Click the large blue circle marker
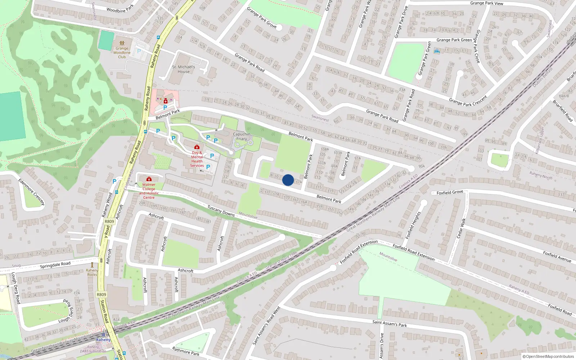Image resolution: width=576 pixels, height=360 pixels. point(288,180)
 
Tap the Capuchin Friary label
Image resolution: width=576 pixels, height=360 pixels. point(242,136)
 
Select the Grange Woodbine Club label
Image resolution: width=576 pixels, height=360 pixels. point(122,53)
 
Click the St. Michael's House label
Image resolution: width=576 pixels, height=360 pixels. point(184,69)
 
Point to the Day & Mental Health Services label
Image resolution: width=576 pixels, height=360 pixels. point(197,159)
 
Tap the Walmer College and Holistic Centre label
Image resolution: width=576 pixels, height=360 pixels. point(149,191)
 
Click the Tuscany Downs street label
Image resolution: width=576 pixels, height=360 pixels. point(221,211)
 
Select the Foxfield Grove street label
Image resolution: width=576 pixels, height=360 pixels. point(450,193)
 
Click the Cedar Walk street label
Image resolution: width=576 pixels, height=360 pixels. point(461,228)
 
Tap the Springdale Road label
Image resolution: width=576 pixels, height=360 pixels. point(55,265)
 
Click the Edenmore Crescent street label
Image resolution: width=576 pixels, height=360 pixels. point(31,192)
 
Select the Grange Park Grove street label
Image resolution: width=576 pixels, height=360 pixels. point(262,18)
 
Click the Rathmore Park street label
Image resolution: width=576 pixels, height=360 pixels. point(185,351)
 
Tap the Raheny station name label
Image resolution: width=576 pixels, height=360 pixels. point(103,339)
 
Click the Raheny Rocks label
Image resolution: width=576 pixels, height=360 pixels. point(92,273)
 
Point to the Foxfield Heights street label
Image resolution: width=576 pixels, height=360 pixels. point(413,225)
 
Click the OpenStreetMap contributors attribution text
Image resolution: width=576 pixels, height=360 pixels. point(548,356)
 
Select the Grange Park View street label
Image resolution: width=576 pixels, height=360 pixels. point(486,3)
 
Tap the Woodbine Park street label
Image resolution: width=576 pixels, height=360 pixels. point(120,8)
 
